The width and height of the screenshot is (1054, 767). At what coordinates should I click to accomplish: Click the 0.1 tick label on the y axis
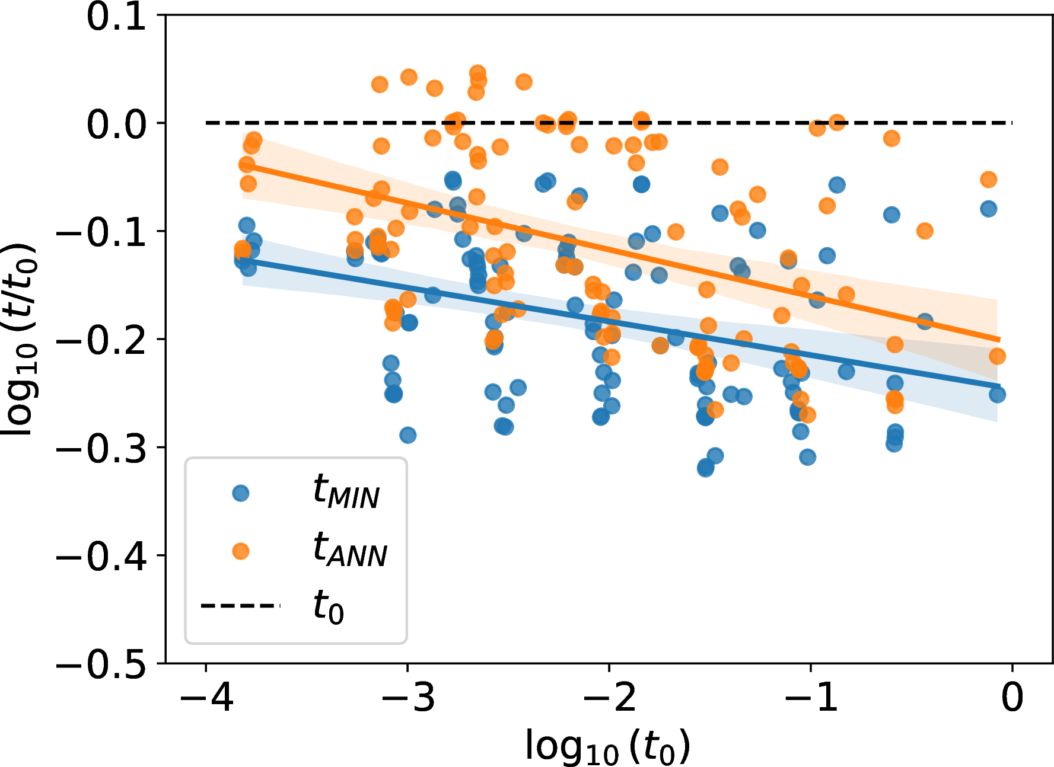(116, 17)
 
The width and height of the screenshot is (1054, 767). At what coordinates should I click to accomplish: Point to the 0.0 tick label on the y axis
(116, 124)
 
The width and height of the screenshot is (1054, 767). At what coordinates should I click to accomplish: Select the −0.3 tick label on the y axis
(101, 449)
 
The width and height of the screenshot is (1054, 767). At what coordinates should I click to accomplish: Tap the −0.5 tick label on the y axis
(101, 664)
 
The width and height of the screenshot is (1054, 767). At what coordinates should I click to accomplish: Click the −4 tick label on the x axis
(206, 697)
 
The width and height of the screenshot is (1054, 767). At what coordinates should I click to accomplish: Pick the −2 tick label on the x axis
(609, 697)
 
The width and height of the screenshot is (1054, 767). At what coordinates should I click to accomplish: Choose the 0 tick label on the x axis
(1012, 697)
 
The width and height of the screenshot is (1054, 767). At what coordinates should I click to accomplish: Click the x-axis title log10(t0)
(608, 746)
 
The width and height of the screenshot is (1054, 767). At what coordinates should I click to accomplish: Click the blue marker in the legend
(241, 493)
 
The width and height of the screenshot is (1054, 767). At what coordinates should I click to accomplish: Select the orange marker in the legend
(241, 551)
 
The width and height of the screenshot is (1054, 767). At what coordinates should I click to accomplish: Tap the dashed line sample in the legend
(241, 605)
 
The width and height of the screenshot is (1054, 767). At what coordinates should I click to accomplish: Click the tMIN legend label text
(346, 492)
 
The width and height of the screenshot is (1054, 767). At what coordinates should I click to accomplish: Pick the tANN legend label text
(350, 549)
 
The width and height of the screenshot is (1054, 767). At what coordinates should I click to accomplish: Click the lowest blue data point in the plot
(705, 468)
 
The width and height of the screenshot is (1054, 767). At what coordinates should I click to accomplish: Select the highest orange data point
(477, 73)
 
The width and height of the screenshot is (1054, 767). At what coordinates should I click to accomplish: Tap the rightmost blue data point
(997, 395)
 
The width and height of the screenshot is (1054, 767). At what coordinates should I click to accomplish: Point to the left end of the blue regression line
(243, 259)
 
